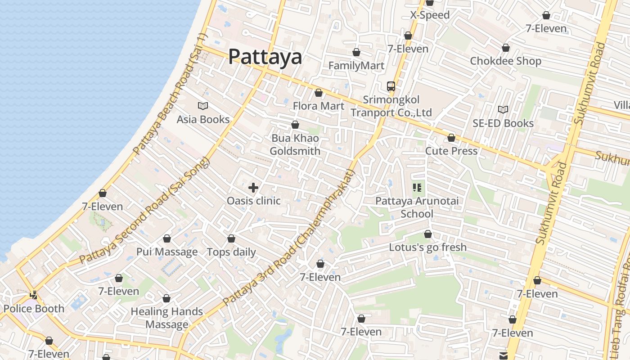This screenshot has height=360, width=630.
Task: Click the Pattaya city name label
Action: point(265,57)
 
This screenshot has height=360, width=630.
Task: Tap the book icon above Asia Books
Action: point(203,106)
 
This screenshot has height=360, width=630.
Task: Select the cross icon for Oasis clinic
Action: point(253,187)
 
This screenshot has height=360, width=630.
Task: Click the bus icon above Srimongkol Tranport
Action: point(391,86)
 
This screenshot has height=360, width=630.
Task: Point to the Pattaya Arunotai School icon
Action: point(417,187)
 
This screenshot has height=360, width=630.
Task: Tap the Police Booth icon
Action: point(34,295)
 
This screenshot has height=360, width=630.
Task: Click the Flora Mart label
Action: point(318,106)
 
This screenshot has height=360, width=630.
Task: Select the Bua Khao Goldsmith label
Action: point(295,144)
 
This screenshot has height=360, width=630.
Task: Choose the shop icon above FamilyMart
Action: point(356,52)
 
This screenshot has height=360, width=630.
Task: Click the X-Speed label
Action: point(430,15)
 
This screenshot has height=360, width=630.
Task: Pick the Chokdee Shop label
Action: point(505,61)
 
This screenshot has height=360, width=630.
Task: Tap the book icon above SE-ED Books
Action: point(503,109)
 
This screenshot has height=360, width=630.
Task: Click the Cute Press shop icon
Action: point(451,138)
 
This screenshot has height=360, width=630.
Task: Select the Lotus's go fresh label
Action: point(427,247)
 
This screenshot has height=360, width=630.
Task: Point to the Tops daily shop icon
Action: point(231,238)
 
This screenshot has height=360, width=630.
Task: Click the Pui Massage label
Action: point(167,252)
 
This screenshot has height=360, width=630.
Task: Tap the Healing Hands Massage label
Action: point(166,318)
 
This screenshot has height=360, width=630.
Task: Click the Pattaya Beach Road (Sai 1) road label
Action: point(170,93)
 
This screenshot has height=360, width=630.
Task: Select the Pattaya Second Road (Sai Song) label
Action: point(144,210)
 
